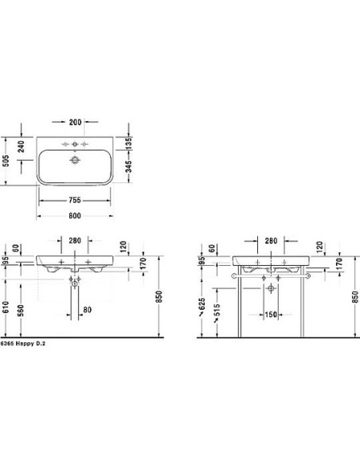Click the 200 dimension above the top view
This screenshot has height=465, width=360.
click(75, 122)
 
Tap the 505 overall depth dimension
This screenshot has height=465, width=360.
click(6, 161)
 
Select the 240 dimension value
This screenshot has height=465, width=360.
click(21, 147)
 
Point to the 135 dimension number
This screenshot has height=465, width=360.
click(128, 143)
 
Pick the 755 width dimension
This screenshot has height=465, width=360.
click(75, 200)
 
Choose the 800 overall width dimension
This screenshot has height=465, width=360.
click(75, 216)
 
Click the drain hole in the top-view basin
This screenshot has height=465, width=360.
click(75, 160)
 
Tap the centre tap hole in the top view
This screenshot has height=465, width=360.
click(75, 144)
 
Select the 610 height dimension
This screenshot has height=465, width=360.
click(6, 307)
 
